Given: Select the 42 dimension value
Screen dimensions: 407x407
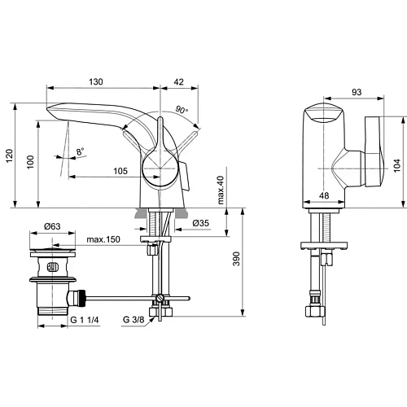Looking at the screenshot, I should [179, 81].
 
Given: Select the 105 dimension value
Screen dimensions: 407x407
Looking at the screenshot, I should [120, 170].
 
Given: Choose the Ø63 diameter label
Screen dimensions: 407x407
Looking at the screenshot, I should [54, 225].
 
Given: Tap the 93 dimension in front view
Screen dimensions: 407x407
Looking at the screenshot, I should [334, 94].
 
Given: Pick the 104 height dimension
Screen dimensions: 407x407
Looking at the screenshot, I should [396, 163].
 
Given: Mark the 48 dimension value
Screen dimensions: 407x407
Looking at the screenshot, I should [322, 195].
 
